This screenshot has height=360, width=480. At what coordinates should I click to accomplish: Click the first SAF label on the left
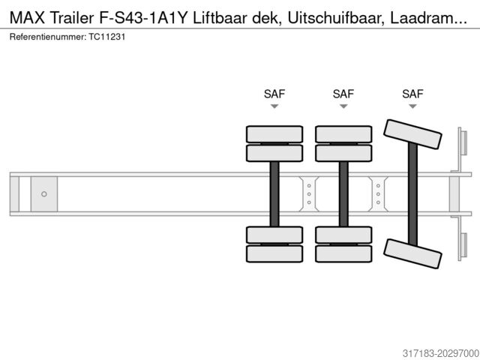coord(274,94)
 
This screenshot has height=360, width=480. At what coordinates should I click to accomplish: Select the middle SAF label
coord(343,94)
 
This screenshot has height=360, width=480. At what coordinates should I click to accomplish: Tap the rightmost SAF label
coord(412,94)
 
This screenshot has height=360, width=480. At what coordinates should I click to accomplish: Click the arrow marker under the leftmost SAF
coord(274,106)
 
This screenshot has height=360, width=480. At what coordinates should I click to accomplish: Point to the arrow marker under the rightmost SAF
coord(412,106)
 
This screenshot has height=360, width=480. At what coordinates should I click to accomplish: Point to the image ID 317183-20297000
coord(430,352)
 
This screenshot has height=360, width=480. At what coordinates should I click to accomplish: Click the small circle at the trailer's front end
coord(43,194)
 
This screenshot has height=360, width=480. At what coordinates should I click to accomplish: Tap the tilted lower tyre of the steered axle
coord(412,253)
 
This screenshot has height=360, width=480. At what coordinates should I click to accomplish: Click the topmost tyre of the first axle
coord(274,133)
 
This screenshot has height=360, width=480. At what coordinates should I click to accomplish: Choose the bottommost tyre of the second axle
coord(343,254)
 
